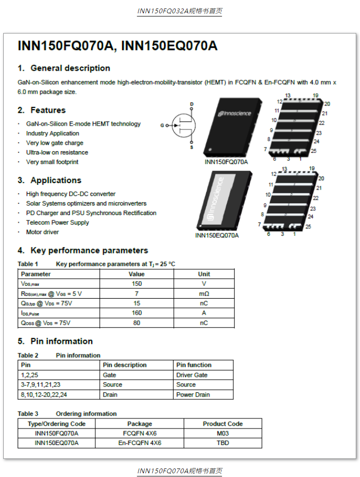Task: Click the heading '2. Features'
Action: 42,110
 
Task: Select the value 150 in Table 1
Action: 137,284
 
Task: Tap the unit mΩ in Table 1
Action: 204,294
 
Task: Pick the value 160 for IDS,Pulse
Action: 137,313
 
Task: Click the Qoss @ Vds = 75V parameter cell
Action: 46,323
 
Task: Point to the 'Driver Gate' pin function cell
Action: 192,375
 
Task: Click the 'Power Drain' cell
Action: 193,394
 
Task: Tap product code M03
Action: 223,433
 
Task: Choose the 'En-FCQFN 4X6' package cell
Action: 140,443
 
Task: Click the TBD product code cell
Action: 223,443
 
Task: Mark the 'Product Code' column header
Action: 223,424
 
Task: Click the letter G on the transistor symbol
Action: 162,126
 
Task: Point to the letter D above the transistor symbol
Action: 192,104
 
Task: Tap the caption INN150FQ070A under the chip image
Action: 226,162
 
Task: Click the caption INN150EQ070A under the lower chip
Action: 217,235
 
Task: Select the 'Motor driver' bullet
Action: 43,232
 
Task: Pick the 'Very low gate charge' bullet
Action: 54,143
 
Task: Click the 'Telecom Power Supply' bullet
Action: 58,223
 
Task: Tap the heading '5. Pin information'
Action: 55,341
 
